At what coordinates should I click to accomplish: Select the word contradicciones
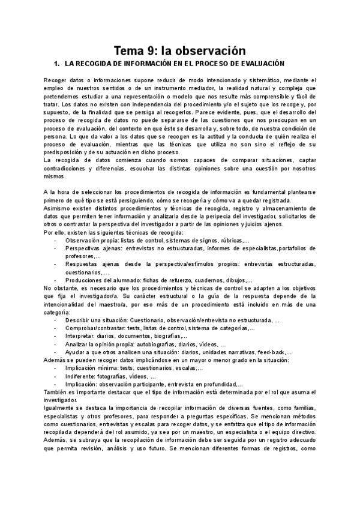point(68,170)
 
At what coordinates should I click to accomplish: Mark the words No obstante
point(59,289)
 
